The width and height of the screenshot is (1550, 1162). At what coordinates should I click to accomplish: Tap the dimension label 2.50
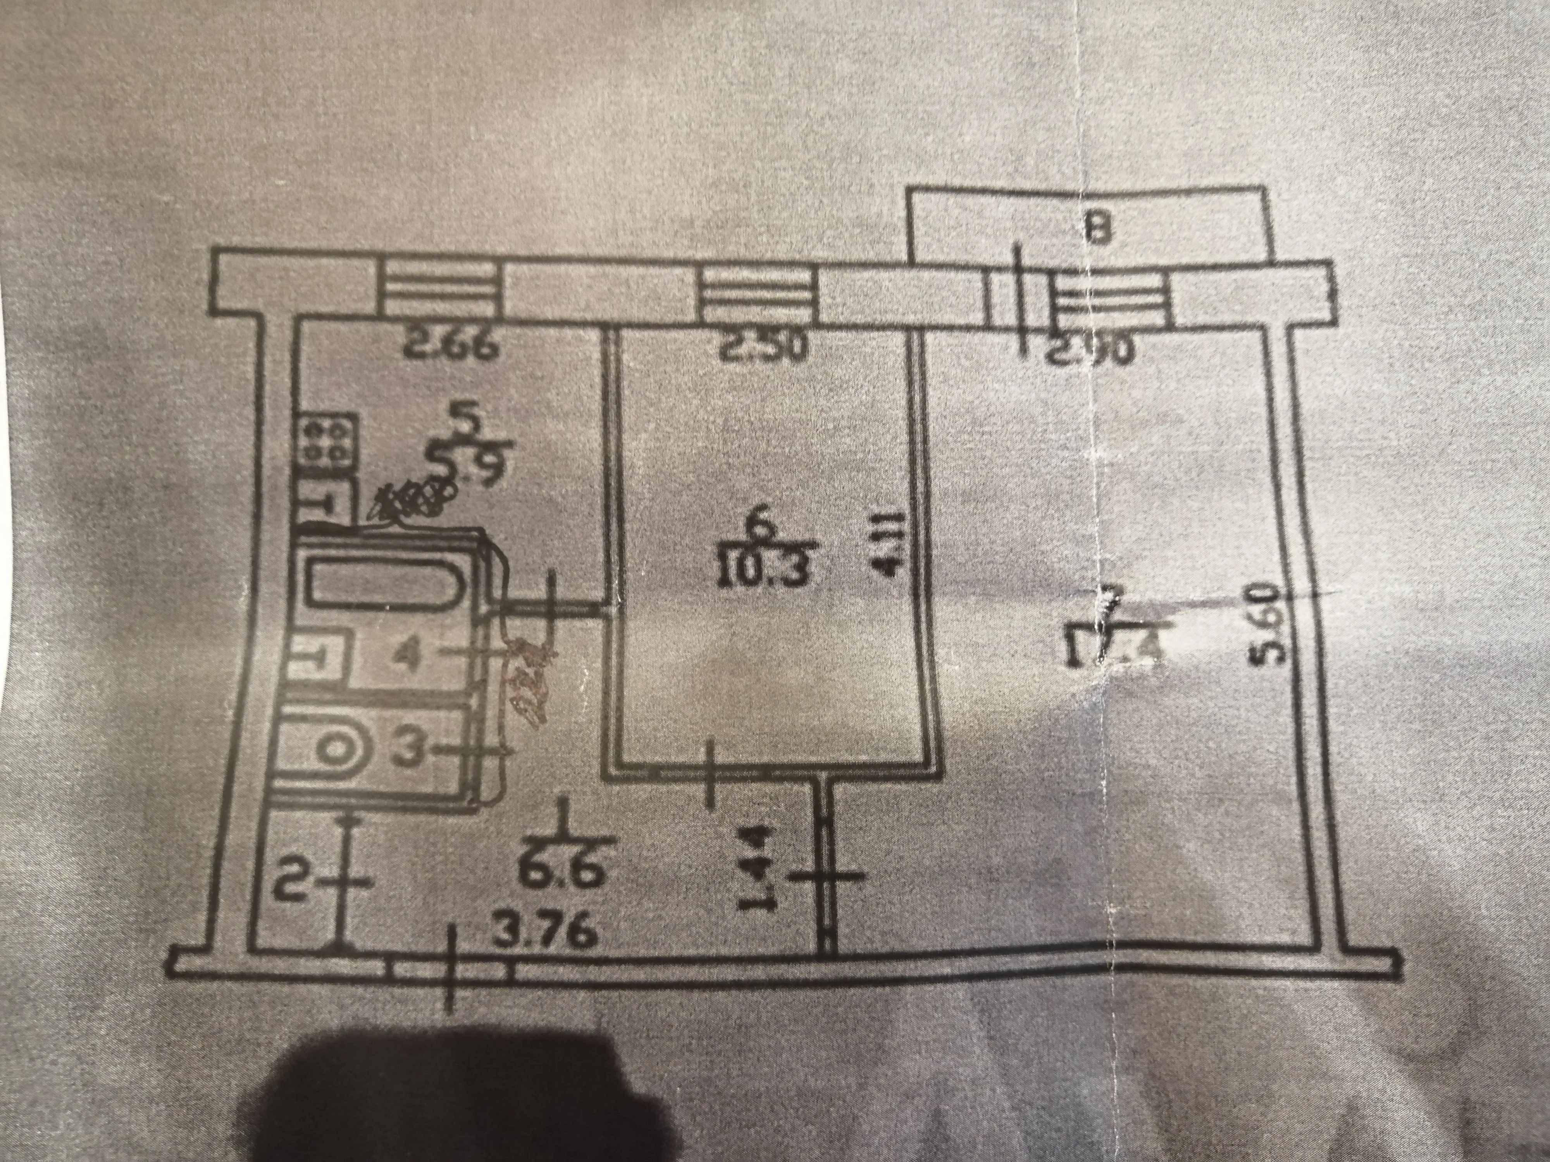point(755,348)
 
